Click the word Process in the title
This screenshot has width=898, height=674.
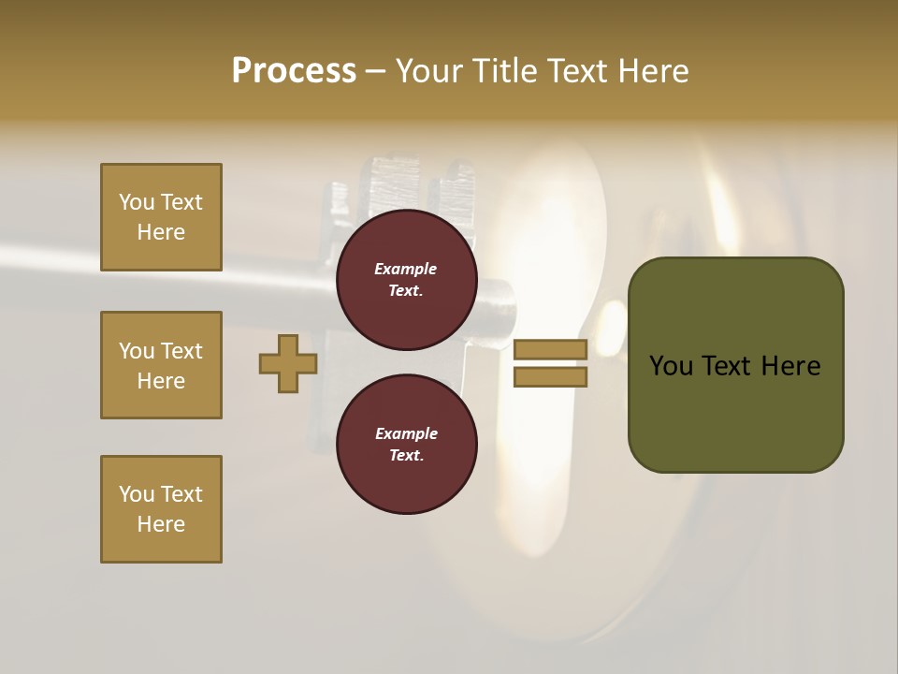click(293, 70)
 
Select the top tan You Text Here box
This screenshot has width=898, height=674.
click(161, 217)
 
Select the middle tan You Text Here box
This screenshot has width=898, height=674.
click(161, 365)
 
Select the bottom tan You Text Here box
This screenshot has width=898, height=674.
click(161, 509)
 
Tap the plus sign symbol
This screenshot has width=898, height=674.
click(288, 364)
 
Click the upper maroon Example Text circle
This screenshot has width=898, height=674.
click(407, 280)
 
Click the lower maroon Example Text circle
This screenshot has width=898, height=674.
click(407, 445)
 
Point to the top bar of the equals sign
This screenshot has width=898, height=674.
click(550, 350)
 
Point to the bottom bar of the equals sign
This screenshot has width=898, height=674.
click(550, 376)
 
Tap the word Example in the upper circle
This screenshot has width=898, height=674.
click(406, 269)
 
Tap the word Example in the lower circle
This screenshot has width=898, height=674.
click(406, 433)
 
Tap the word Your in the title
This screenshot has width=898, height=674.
click(429, 70)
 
